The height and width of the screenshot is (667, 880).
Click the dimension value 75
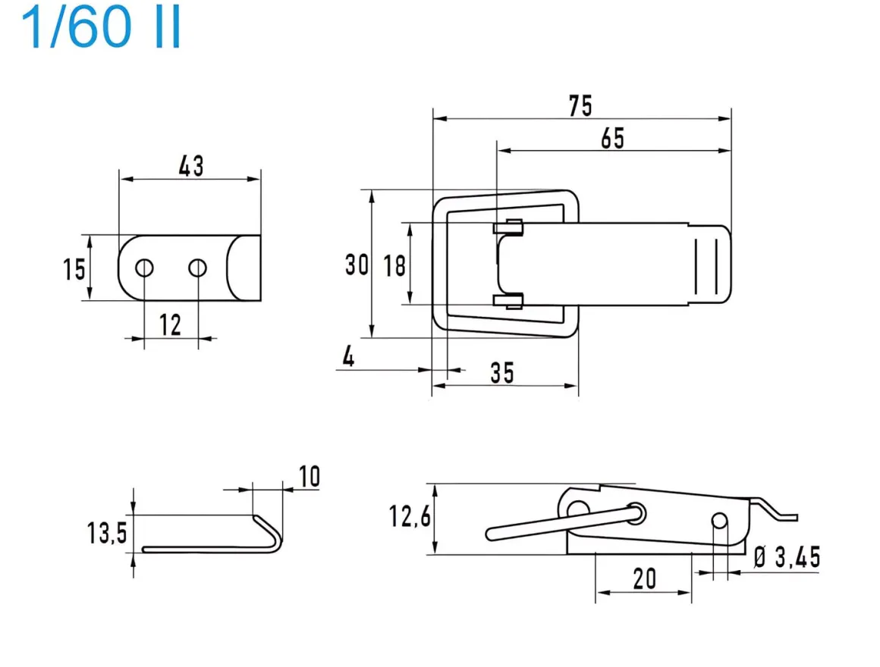(580, 106)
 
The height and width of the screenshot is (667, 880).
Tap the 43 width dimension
(190, 166)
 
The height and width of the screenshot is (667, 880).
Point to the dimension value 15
(74, 269)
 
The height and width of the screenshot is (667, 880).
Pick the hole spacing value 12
(171, 325)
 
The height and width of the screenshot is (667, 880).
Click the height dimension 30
(356, 265)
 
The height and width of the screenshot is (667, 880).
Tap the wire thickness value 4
(347, 357)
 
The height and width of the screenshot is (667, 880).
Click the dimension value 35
(501, 372)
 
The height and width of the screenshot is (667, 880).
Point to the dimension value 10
(309, 477)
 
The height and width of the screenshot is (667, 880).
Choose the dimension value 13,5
(106, 534)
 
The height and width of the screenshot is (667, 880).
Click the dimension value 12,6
(410, 518)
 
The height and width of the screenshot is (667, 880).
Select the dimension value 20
(644, 579)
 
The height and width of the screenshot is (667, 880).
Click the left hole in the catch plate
(144, 268)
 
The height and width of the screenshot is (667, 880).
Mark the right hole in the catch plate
(198, 268)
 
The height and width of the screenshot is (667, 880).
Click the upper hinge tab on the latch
(509, 226)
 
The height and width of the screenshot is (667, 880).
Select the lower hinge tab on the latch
(508, 301)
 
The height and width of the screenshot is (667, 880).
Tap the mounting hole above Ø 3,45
(720, 521)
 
